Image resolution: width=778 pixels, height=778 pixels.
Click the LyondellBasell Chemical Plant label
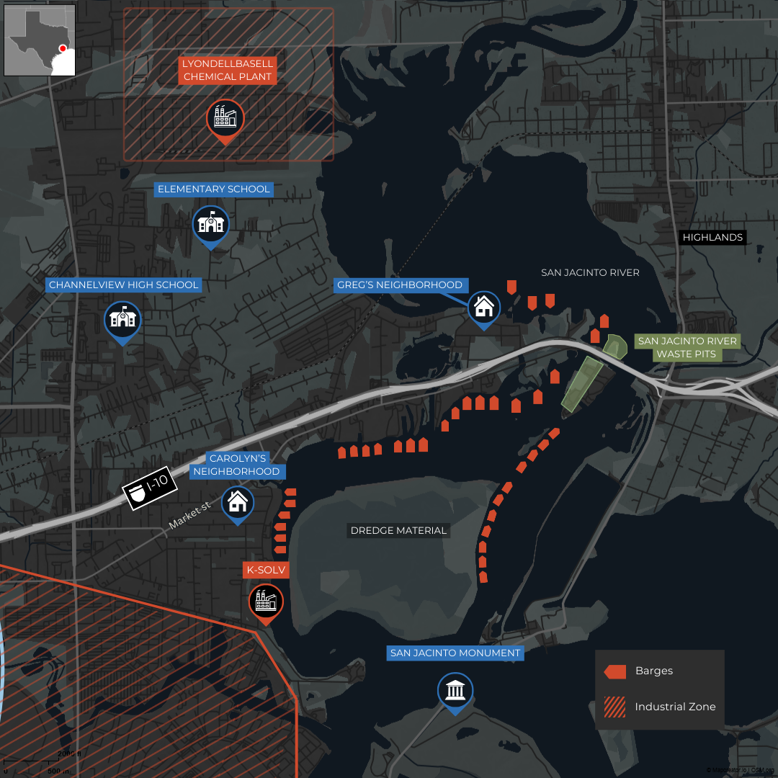click(228, 71)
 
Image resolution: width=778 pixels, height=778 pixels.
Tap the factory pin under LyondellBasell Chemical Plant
click(225, 118)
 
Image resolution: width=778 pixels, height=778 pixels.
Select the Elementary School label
click(214, 189)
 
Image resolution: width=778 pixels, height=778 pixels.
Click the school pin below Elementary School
click(211, 224)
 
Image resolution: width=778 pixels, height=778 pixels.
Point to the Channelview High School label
click(123, 285)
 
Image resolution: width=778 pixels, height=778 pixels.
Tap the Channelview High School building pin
click(122, 319)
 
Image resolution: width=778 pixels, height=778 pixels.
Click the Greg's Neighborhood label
click(400, 285)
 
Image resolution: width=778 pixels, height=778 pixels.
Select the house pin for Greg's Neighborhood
click(484, 308)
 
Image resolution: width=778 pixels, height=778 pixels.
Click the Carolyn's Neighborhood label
click(238, 465)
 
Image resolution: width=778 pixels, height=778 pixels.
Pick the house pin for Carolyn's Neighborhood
click(237, 502)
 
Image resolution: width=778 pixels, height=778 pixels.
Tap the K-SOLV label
click(267, 571)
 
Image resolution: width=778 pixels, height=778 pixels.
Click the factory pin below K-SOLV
click(266, 601)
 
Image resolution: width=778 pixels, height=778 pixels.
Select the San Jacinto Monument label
click(455, 653)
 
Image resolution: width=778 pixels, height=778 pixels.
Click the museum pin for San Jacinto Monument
click(455, 691)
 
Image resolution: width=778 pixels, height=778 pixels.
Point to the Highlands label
click(712, 237)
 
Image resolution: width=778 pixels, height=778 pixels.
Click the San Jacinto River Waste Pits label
click(687, 347)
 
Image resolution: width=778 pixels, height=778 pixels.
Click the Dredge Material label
click(398, 530)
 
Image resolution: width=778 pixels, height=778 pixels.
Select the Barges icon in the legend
click(615, 671)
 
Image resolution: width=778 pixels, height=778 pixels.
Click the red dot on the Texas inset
click(63, 48)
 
